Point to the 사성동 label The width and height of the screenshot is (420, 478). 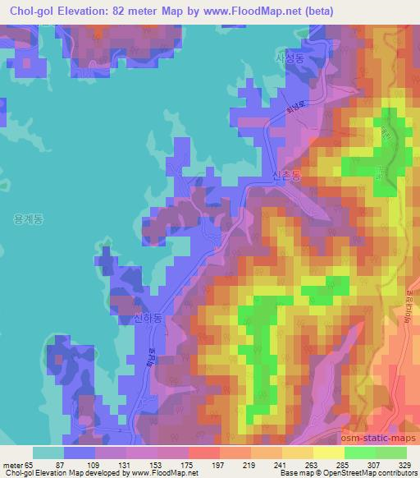(x=289, y=57)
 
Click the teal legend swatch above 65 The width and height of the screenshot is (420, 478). (x=48, y=453)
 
